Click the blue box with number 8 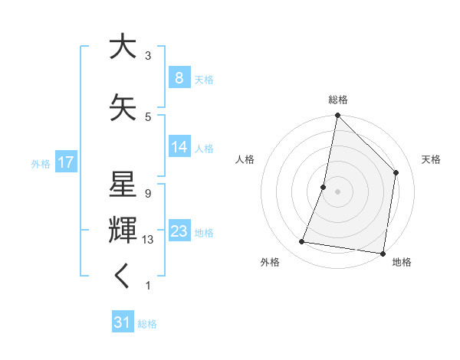point(179,78)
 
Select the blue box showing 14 point(179,147)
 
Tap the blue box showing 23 point(179,231)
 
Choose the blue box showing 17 point(65,162)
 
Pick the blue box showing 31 point(122,322)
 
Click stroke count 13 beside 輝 point(149,240)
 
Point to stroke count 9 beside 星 point(147,193)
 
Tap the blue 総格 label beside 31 point(147,324)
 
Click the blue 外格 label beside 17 point(41,163)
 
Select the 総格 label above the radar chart point(337,100)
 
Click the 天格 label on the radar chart point(431,159)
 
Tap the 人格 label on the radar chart point(245,159)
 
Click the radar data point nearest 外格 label point(302,242)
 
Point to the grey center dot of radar point(337,191)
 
